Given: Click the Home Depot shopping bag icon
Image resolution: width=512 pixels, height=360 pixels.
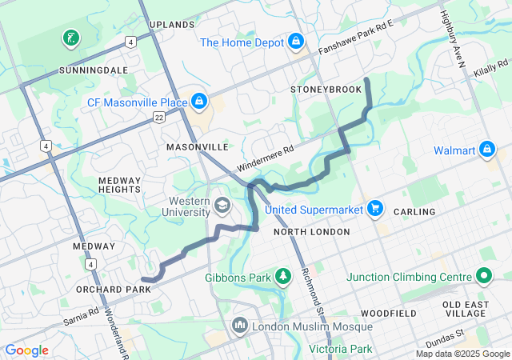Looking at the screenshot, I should click(296, 40).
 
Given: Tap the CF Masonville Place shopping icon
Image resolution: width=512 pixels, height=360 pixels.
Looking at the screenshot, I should click(198, 102).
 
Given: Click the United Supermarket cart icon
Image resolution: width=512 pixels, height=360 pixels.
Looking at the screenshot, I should click(374, 210).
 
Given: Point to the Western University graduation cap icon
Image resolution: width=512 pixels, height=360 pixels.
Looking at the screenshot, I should click(222, 208).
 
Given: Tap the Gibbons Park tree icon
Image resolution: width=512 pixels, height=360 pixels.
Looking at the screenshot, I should click(282, 277).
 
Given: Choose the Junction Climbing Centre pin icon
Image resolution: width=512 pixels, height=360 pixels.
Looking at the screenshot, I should click(483, 277).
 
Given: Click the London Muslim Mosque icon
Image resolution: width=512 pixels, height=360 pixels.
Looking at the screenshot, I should click(240, 326).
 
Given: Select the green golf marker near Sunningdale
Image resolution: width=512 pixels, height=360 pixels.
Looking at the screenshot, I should click(70, 37).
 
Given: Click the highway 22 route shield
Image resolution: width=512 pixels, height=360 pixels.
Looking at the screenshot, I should click(160, 118).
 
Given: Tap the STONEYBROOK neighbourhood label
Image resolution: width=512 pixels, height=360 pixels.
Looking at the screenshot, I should click(326, 89).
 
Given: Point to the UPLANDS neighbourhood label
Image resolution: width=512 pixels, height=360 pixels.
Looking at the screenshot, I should click(172, 25).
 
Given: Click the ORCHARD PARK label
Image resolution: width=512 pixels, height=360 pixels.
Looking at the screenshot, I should click(113, 289).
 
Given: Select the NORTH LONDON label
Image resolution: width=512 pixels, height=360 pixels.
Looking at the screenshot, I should click(311, 232).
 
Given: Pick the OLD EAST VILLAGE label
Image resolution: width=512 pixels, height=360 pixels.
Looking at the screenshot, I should click(476, 309).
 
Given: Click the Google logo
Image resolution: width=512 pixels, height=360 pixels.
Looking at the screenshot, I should click(26, 350).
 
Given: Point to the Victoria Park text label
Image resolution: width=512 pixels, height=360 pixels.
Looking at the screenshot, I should click(342, 349).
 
